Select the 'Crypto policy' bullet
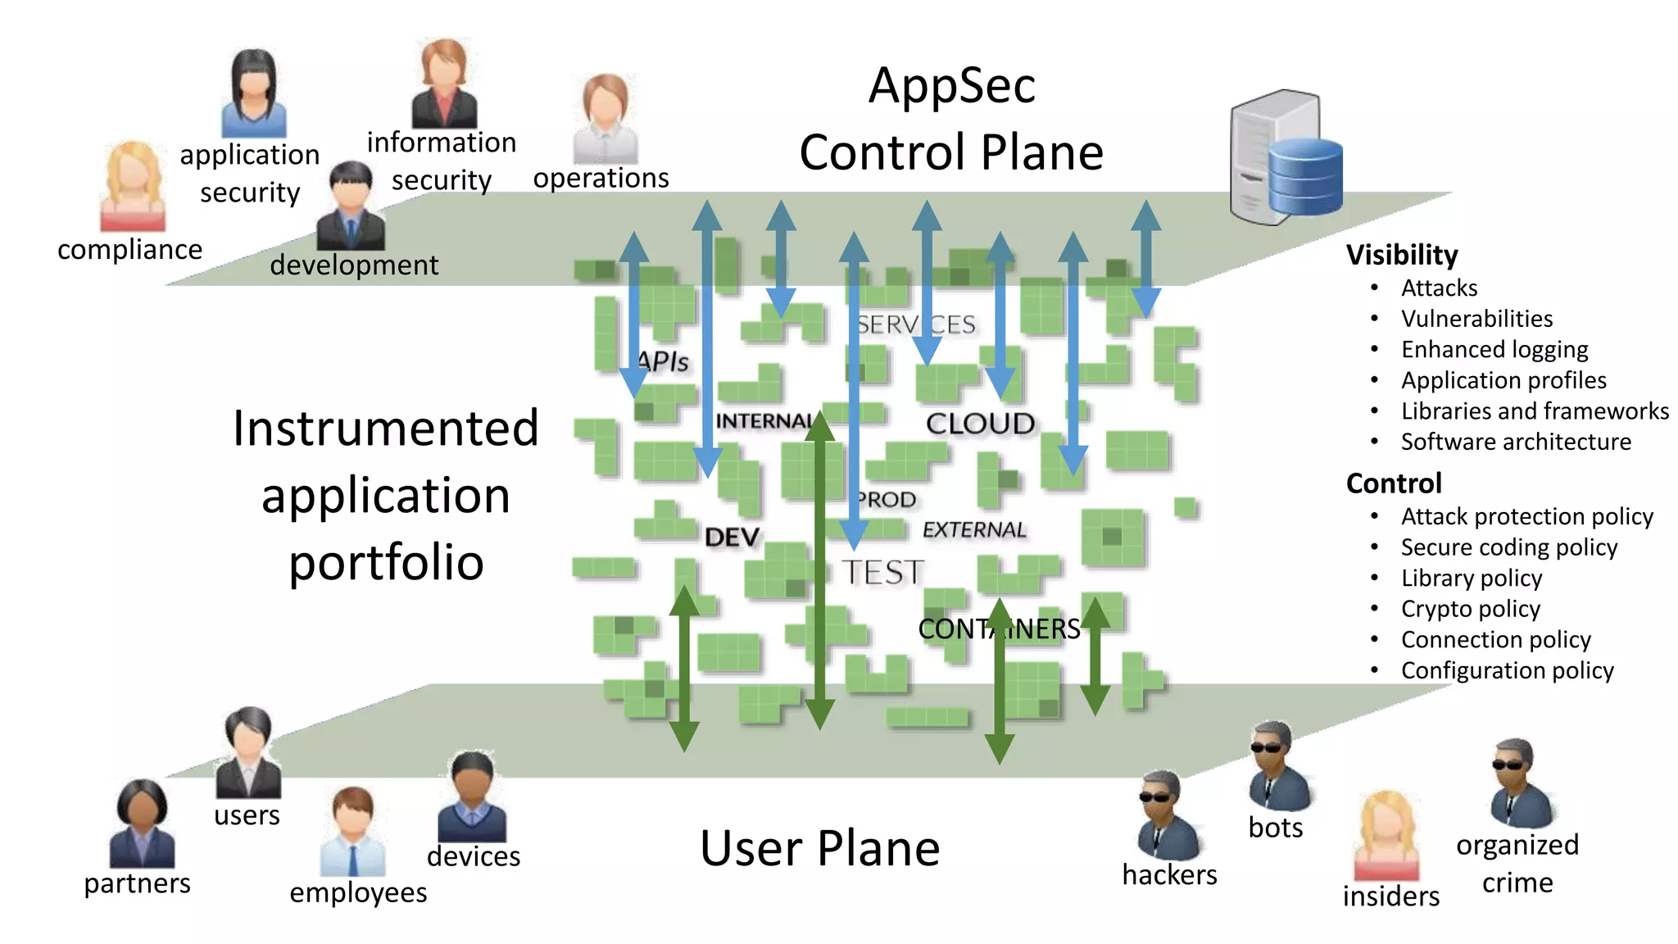click(1470, 609)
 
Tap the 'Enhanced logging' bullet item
click(1494, 350)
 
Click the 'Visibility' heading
click(1402, 255)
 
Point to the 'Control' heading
click(1393, 483)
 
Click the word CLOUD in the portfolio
click(980, 424)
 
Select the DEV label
click(732, 538)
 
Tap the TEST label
click(882, 572)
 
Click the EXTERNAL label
click(974, 530)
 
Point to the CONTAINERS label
click(999, 629)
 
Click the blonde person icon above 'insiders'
click(1386, 836)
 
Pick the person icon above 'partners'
click(142, 824)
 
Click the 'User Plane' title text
click(819, 848)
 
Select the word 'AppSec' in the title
click(952, 85)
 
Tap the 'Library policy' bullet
click(1471, 579)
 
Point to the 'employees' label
click(358, 892)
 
